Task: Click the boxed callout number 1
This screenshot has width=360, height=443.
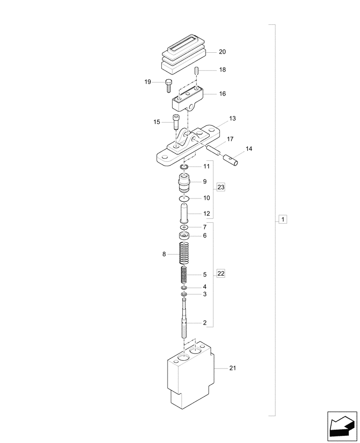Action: pos(282,219)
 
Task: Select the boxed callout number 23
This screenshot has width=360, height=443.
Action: pos(221,187)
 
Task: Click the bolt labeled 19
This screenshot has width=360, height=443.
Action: pos(169,84)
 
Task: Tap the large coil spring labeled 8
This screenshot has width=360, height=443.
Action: pos(185,254)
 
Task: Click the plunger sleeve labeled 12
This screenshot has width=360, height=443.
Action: pos(184,213)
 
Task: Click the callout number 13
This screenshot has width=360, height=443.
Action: pos(232,119)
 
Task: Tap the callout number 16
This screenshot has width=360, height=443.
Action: pos(222,94)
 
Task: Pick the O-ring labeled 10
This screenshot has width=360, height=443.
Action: pos(185,198)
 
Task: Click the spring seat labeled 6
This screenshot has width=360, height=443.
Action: pos(184,235)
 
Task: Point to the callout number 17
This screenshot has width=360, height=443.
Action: pos(230,139)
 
